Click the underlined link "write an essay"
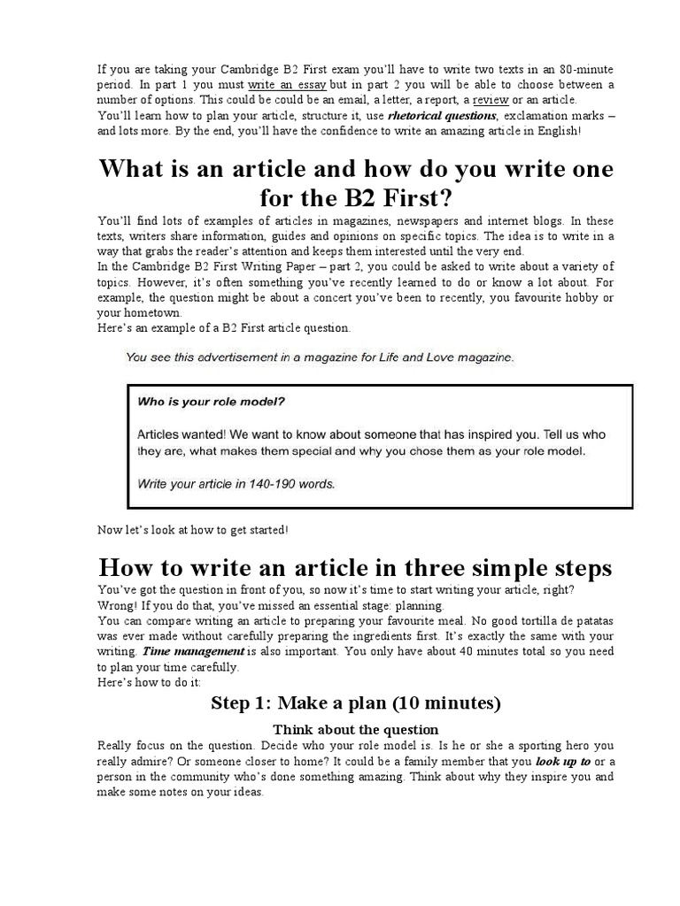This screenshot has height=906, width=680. [x=287, y=85]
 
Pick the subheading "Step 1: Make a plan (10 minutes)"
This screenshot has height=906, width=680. [x=355, y=703]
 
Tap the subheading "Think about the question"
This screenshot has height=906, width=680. [x=355, y=729]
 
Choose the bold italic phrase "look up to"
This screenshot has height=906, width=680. [x=563, y=761]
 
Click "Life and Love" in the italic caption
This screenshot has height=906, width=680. [x=409, y=357]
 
